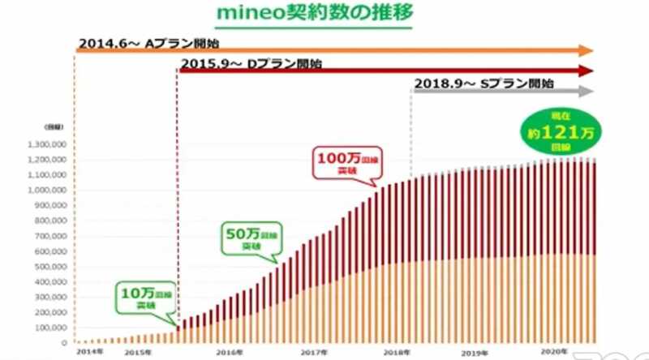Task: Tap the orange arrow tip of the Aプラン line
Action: click(587, 50)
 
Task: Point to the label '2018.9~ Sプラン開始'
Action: click(484, 84)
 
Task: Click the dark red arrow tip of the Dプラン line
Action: click(587, 71)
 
